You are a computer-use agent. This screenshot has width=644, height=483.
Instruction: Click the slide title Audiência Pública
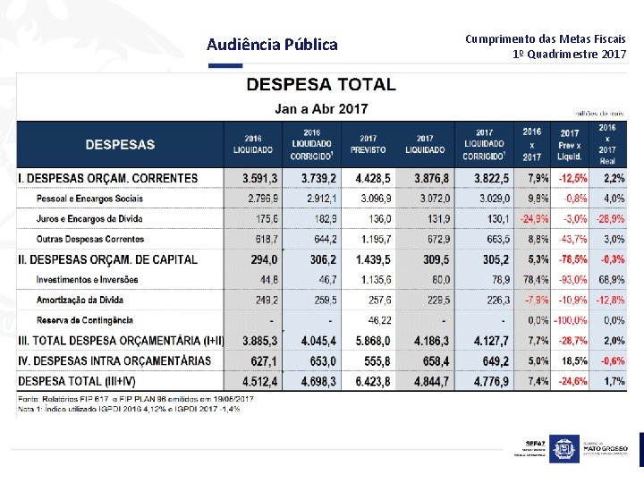coord(272,45)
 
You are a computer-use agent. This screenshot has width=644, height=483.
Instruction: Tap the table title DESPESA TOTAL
coord(320,85)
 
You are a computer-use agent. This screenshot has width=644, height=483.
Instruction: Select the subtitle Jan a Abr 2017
coord(320,109)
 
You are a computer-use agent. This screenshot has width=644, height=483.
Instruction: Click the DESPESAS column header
coord(120,144)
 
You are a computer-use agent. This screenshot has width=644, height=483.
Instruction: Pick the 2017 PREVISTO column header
coord(369,144)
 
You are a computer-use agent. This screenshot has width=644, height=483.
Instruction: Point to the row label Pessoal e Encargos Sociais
coord(89,198)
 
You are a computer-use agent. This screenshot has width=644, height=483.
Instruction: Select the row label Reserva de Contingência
coord(85,319)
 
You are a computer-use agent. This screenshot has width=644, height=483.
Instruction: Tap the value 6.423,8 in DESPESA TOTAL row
coord(371,382)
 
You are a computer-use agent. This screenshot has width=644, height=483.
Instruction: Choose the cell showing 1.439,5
coord(371,259)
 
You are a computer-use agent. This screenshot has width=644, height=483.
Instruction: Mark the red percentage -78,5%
coord(573,259)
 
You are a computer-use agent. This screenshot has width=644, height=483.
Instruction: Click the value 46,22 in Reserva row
coord(376,319)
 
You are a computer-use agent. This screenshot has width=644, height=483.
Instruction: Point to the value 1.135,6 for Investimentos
coord(373,280)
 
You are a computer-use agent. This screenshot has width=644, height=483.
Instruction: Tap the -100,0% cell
coord(571,319)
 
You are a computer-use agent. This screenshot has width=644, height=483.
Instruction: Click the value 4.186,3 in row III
coord(426,340)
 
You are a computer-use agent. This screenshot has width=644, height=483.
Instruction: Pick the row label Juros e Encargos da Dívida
coord(89,218)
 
